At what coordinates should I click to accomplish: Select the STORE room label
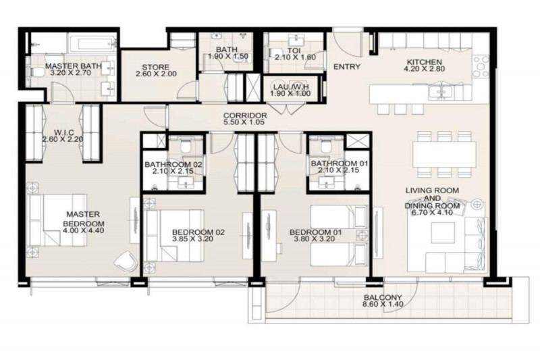coord(159,67)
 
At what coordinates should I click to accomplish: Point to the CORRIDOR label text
coord(245,116)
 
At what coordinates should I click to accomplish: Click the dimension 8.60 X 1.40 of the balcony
coord(382,305)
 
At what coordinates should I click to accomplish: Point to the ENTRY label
coord(347,67)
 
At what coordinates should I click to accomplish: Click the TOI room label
coord(292,50)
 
